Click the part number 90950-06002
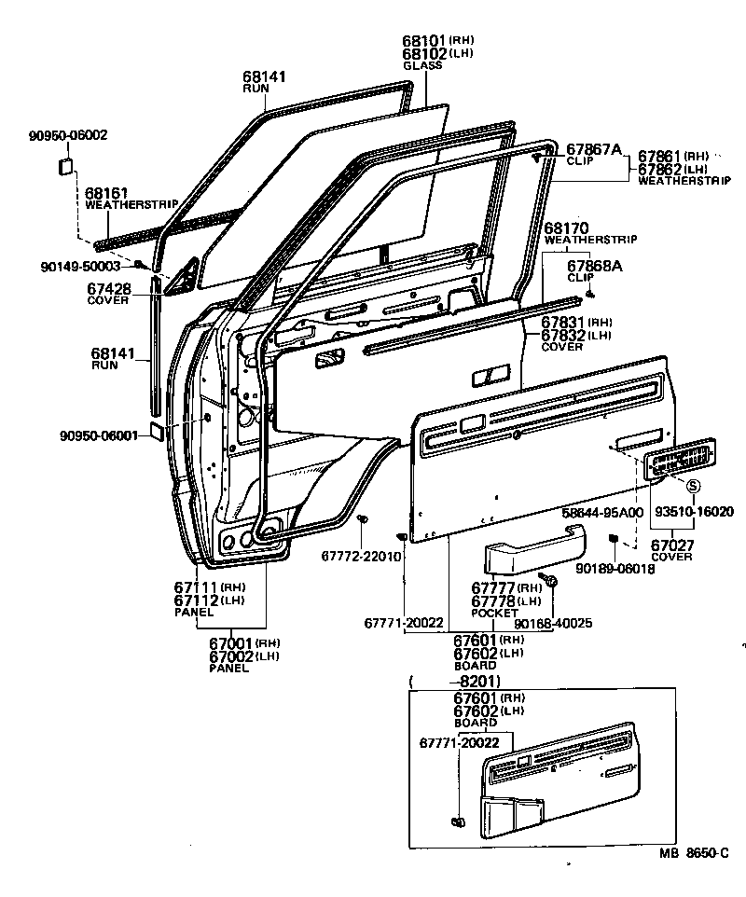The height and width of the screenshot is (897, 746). [x=68, y=135]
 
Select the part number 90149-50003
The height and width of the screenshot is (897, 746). [x=81, y=266]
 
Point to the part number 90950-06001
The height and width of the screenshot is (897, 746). [x=98, y=435]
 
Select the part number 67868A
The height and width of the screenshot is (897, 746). [x=595, y=266]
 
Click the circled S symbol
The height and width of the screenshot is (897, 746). [x=693, y=486]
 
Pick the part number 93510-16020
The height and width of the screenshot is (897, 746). [x=693, y=512]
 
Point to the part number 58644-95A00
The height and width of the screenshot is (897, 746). [x=602, y=512]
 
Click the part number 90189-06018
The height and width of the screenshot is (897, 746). [x=615, y=568]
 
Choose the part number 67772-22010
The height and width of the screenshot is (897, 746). [x=361, y=556]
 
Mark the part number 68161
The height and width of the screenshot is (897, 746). [x=105, y=192]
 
